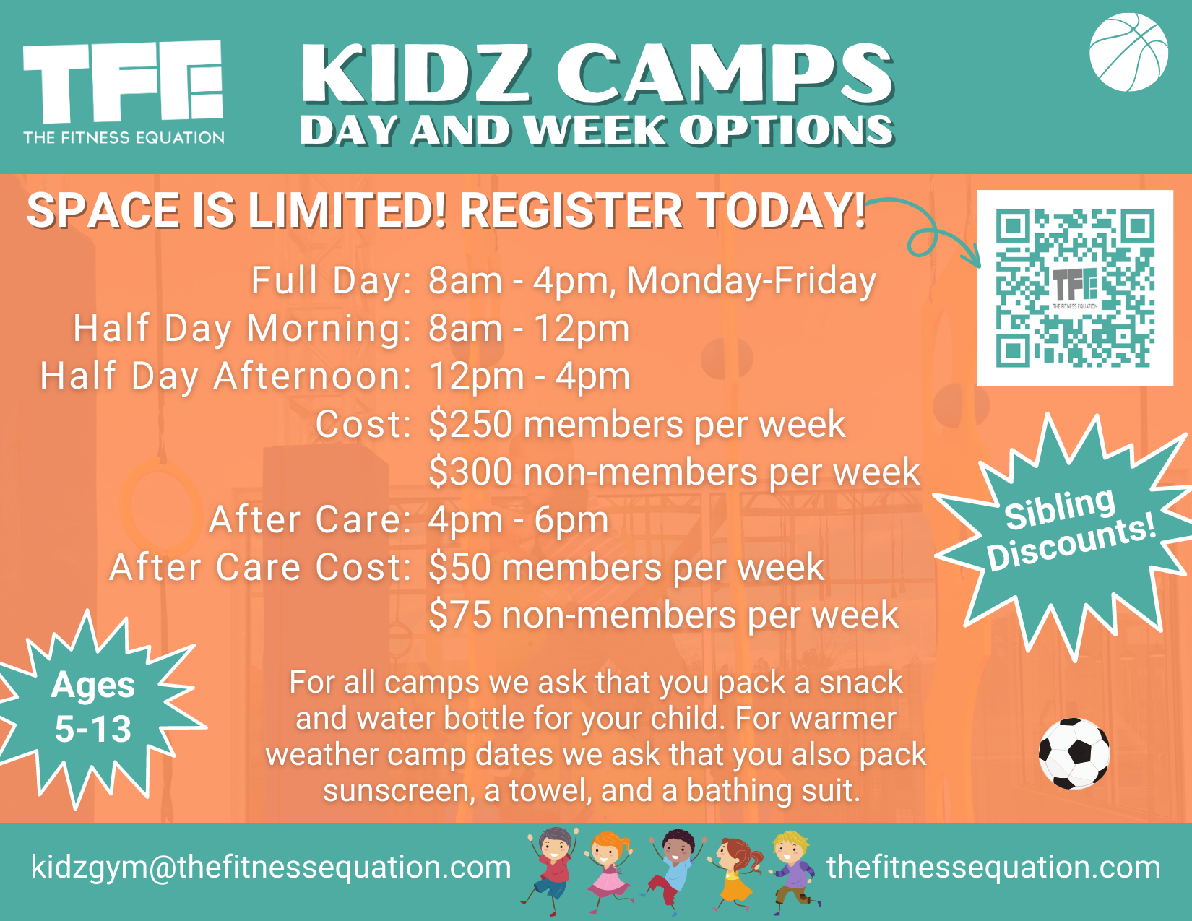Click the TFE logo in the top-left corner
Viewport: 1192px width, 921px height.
(124, 90)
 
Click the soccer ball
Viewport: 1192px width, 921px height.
(1074, 753)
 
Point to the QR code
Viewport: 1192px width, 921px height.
(1075, 288)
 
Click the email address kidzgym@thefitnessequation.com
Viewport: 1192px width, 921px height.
(271, 867)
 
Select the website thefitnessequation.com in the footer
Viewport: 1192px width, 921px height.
(993, 867)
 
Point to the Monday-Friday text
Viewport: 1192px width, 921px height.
(751, 281)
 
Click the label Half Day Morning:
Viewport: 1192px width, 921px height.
(243, 329)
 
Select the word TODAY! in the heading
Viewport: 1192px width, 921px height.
(781, 210)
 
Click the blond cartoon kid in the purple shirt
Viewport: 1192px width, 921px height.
(794, 870)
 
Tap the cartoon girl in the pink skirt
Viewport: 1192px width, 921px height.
(609, 870)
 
